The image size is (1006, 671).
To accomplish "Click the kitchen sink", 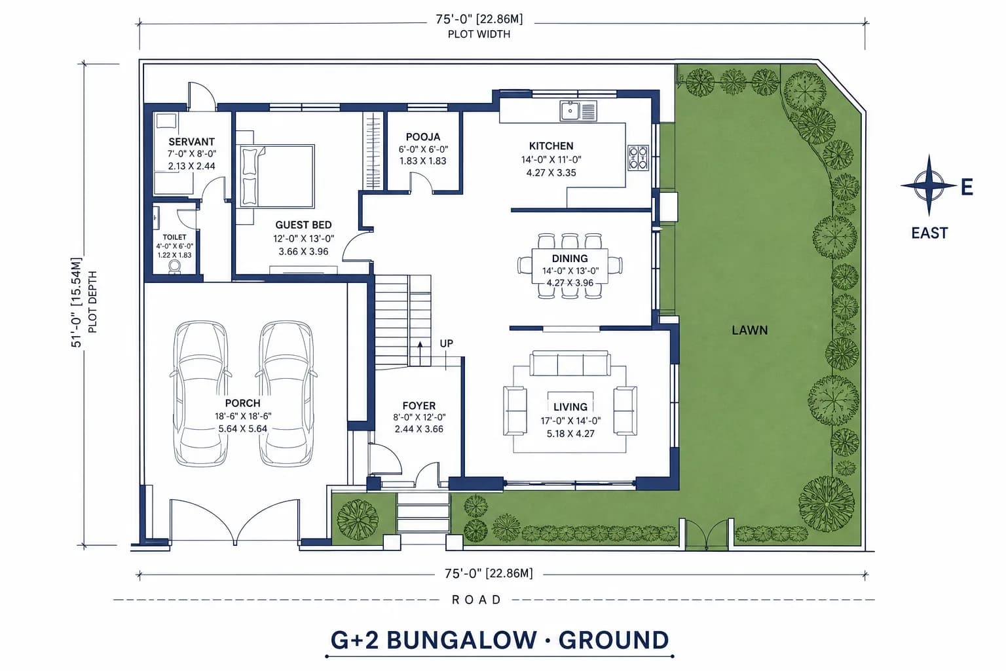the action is point(578,111).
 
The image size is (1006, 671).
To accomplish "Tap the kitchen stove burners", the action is point(638,158).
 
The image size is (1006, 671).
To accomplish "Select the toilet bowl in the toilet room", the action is point(174,267).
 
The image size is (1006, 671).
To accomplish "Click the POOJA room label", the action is point(423,137).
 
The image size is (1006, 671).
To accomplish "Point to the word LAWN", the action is point(749,330).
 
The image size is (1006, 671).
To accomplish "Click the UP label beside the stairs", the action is point(447,343).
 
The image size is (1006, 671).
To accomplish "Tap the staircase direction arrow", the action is point(420,353).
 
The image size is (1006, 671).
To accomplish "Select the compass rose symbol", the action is point(929,185).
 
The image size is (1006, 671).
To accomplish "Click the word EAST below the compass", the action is point(929,233).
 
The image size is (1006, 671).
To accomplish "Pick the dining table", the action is point(570,265).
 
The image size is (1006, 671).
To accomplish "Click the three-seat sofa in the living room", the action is point(570,364).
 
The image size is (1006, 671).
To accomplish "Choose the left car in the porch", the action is point(200,394).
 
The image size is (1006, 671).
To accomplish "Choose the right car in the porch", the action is point(286,394).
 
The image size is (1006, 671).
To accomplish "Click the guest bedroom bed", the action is point(276,176).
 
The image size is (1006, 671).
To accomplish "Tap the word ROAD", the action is point(476,600).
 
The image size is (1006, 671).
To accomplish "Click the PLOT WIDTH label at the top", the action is point(479,34).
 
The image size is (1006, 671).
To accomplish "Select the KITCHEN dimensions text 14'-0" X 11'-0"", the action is point(551,159).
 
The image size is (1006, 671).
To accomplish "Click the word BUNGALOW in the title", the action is point(461,640).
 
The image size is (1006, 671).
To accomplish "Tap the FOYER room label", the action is point(419,406).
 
